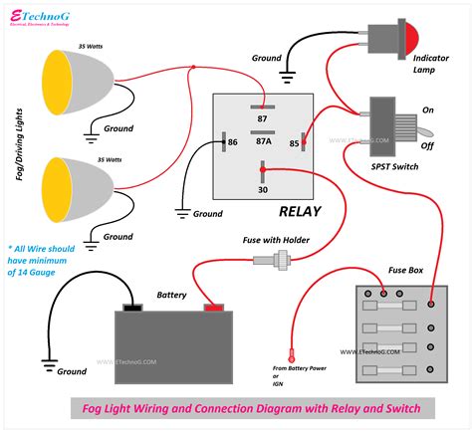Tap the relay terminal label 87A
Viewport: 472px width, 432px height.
click(x=264, y=141)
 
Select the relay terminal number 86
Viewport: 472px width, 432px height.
click(x=232, y=143)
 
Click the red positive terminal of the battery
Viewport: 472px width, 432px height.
click(x=212, y=307)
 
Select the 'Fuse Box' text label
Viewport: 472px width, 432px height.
click(x=406, y=270)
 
